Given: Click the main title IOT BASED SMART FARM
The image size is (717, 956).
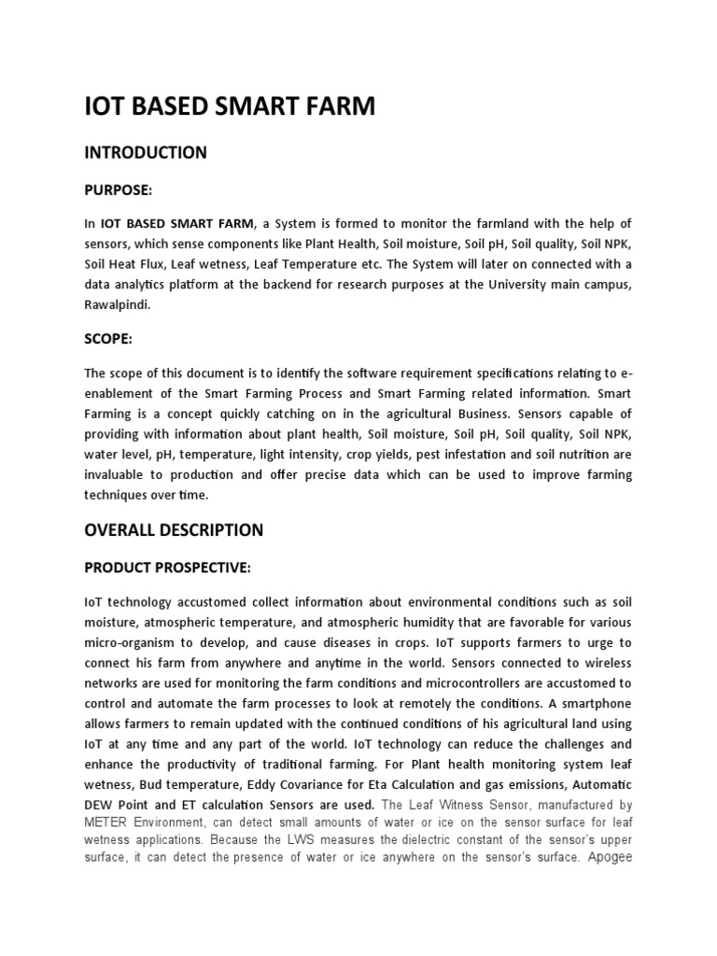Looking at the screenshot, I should coord(230,107).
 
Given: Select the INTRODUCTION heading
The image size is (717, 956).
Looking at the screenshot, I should coord(146,152).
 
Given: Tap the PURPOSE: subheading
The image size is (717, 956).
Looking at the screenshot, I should coord(118,190).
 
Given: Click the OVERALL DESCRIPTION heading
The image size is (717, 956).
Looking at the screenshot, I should coord(174,530).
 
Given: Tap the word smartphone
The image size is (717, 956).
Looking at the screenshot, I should coord(595,704).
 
